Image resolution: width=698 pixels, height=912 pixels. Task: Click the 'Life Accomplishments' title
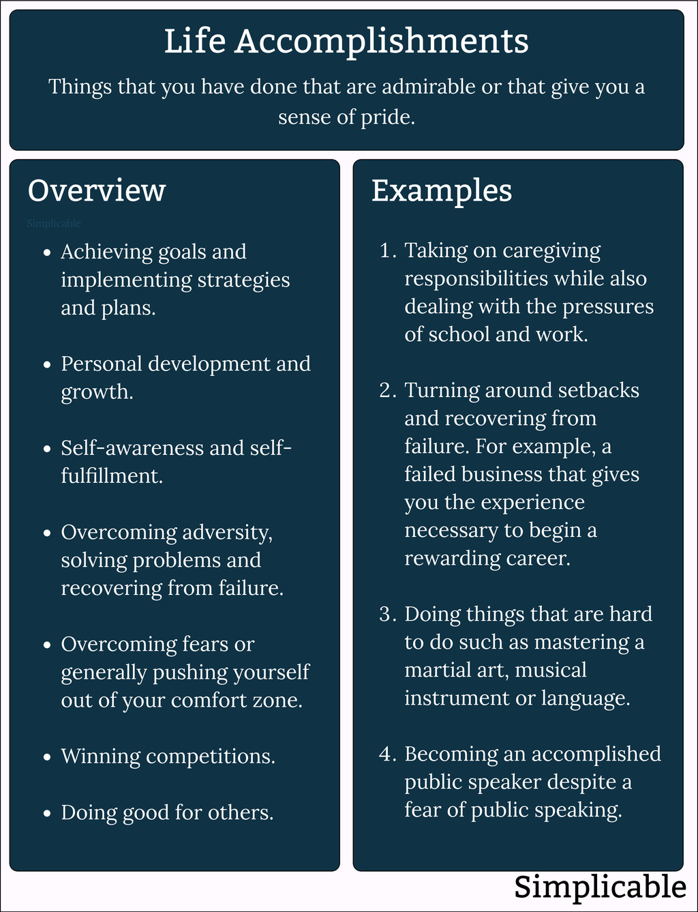[x=346, y=41]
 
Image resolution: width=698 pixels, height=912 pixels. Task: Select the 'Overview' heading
[x=96, y=190]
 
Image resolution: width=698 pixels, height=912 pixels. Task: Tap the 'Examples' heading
[x=441, y=190]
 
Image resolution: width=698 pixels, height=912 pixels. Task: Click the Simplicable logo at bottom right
[x=600, y=887]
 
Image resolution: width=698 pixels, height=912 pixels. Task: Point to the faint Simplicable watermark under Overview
[x=54, y=224]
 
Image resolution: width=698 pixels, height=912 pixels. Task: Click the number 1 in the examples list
[x=386, y=251]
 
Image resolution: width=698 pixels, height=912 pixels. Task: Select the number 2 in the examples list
[x=386, y=391]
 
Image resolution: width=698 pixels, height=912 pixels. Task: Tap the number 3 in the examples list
[x=386, y=615]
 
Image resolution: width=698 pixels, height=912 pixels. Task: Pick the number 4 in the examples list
[x=386, y=754]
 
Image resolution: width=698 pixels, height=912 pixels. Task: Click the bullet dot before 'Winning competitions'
[x=47, y=757]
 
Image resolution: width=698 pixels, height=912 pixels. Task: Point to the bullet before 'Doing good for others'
[x=47, y=813]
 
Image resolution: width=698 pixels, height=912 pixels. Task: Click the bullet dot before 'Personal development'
[x=47, y=365]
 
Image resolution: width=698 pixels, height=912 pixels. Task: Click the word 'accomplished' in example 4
[x=596, y=754]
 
